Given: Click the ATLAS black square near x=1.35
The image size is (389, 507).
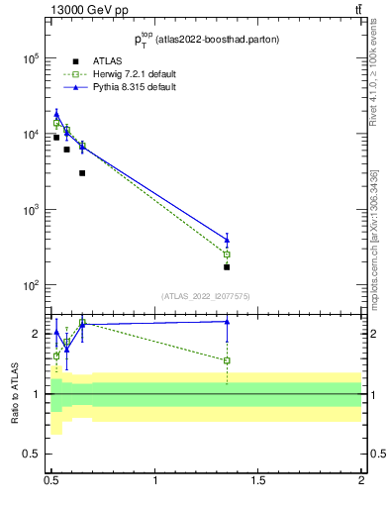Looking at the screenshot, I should pos(227,267).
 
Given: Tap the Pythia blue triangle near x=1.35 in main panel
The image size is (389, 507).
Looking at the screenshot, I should pos(227,239).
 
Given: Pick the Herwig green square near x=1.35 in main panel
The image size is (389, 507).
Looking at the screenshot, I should pos(227,254).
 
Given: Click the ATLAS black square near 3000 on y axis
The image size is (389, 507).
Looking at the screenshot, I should pos(82,173).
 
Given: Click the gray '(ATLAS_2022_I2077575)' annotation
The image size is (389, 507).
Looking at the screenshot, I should pos(206,295).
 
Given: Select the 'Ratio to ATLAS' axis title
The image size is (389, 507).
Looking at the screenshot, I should pos(15,394).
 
